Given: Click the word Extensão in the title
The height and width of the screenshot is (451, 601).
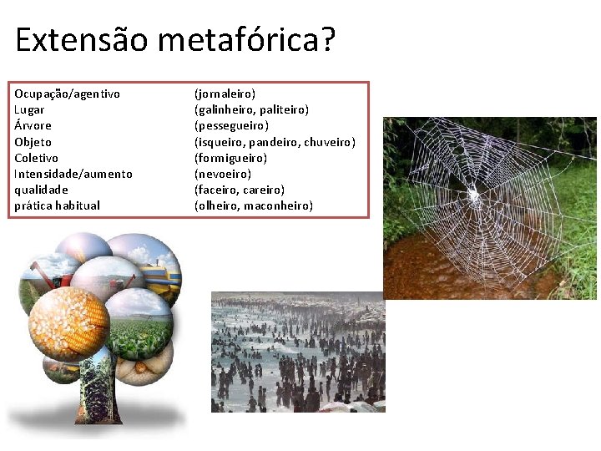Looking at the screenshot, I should (x=69, y=39).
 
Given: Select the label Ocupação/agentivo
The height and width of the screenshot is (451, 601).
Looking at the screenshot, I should (x=67, y=94).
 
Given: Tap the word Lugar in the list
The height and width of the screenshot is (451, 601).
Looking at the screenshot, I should (x=29, y=109).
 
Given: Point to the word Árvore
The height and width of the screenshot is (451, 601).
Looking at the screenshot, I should (x=33, y=125).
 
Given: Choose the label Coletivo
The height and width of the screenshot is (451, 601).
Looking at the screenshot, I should (x=36, y=158).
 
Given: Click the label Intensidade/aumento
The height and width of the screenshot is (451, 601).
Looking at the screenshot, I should (x=73, y=174).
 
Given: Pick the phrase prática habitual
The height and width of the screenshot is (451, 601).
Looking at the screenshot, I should (x=57, y=205).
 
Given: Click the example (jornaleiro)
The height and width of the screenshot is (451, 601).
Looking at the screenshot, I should (x=225, y=94).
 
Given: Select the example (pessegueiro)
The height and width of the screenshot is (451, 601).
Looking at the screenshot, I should (x=231, y=125).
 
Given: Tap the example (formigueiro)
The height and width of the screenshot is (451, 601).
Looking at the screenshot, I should (x=230, y=158).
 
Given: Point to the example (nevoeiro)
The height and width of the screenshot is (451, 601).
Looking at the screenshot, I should (x=222, y=174).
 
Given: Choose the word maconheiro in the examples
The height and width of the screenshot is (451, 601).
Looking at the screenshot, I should (x=278, y=205).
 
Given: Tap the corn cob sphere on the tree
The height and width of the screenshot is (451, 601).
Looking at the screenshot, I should (x=68, y=322).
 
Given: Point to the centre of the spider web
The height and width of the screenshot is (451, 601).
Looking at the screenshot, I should (x=472, y=195).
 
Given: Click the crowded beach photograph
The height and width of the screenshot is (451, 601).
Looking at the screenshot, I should (x=298, y=352).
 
